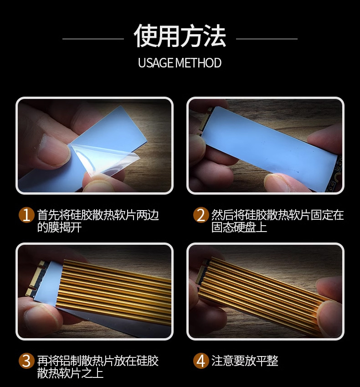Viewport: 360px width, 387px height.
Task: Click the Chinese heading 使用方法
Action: (180, 36)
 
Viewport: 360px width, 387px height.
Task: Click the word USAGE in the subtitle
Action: (156, 63)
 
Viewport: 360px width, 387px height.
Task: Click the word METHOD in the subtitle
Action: (199, 63)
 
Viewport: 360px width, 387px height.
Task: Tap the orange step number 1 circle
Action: (26, 215)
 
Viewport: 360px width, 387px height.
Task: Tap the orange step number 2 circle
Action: (201, 215)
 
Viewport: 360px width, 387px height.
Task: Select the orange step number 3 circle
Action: (26, 361)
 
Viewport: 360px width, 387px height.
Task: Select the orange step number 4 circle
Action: (201, 361)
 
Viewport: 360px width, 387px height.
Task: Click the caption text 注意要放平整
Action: (245, 361)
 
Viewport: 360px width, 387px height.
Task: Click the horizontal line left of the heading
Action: (93, 39)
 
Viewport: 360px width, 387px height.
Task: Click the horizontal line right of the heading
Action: (267, 39)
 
